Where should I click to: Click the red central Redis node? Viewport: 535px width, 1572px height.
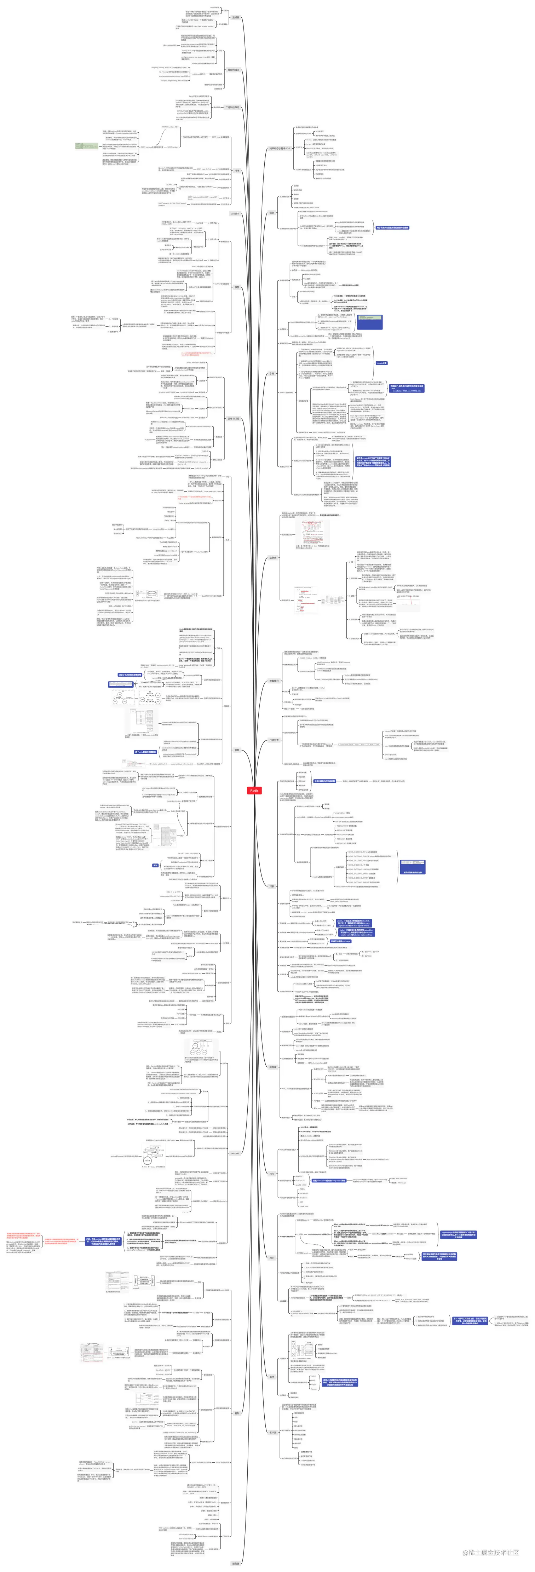(x=254, y=790)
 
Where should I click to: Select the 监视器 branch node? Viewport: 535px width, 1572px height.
(x=235, y=18)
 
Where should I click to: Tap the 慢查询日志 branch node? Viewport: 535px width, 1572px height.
(x=234, y=70)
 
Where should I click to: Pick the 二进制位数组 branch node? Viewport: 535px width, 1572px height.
(x=232, y=107)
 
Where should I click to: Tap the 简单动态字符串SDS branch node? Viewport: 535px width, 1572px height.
(x=280, y=148)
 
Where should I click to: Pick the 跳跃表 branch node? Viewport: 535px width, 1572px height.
(x=273, y=557)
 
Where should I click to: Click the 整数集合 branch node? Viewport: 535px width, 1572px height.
(x=274, y=681)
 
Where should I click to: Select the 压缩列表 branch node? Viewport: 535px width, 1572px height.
(x=274, y=740)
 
